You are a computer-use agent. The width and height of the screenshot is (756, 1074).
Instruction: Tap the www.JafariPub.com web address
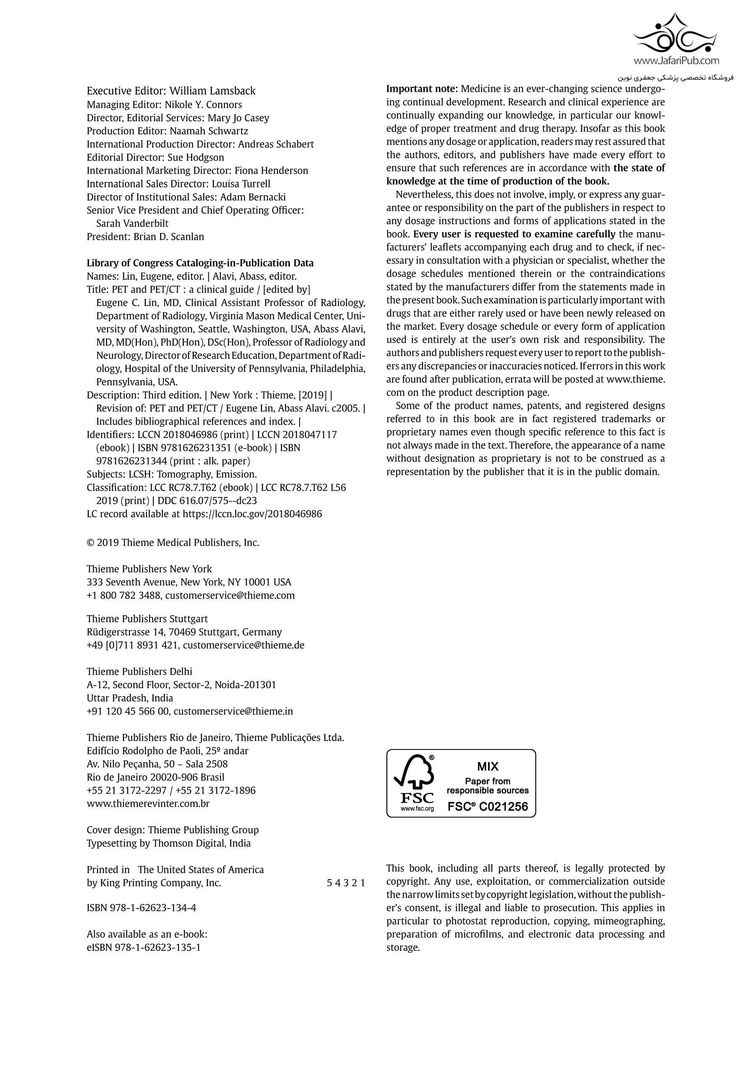(676, 60)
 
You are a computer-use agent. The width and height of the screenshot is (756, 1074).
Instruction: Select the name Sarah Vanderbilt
(132, 224)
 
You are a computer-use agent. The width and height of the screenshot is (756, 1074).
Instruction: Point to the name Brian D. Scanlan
(168, 237)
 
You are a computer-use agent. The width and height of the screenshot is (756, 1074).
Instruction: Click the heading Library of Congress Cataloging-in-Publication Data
(200, 263)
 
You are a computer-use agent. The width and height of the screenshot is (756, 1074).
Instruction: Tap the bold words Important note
(422, 89)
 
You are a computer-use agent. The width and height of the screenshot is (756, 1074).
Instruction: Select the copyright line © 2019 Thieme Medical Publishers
(173, 542)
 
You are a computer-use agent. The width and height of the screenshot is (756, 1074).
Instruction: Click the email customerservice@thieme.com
(230, 595)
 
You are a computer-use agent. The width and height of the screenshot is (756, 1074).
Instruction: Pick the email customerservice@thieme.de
(243, 645)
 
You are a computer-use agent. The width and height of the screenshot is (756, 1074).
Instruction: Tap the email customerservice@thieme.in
(233, 712)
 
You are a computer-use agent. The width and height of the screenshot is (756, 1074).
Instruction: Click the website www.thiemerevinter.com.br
(148, 804)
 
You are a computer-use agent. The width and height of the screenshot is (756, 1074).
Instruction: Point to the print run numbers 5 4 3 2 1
(346, 883)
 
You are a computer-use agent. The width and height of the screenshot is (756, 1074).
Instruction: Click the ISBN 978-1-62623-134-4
(141, 908)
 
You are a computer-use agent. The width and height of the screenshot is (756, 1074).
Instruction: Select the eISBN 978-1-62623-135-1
(143, 948)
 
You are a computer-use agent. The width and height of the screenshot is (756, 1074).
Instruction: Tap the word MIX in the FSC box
(488, 767)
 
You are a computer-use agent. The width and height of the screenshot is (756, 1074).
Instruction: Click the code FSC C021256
(488, 807)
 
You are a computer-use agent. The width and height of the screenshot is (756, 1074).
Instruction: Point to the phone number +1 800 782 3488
(124, 595)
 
